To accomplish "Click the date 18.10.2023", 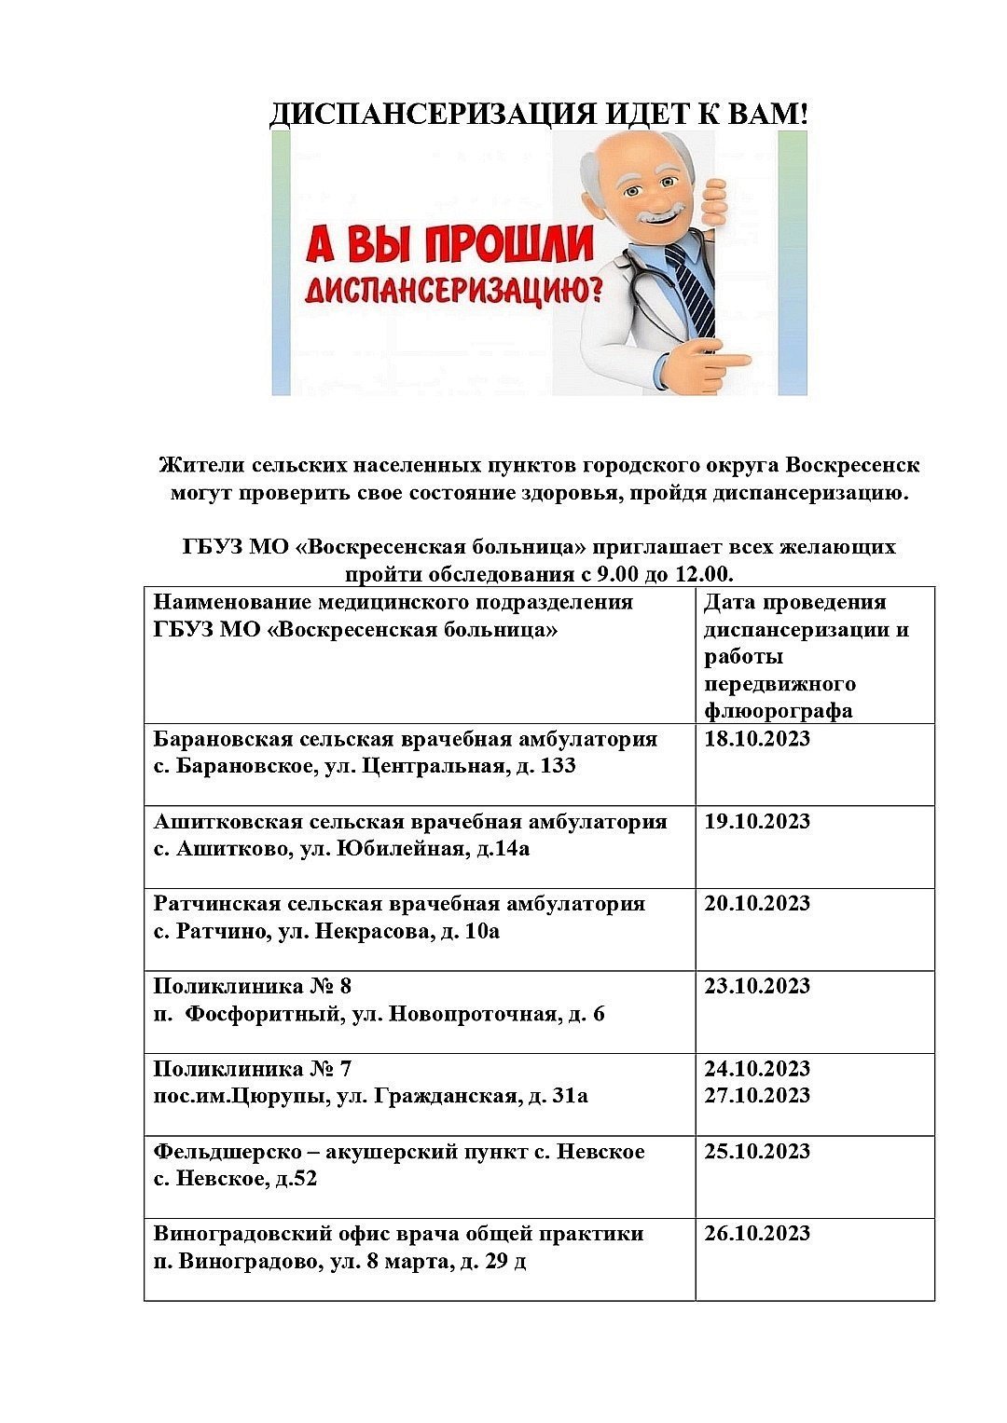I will click(x=757, y=739).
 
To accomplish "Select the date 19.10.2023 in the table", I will click(x=757, y=821).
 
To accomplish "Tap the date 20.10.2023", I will click(x=757, y=903).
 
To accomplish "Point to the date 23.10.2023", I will click(x=757, y=986).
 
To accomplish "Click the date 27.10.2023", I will click(x=757, y=1095).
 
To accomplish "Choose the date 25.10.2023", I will click(x=757, y=1151).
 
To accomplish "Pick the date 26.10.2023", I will click(x=757, y=1233).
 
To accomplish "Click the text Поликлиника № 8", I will click(x=252, y=986).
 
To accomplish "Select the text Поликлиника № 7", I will click(x=252, y=1068).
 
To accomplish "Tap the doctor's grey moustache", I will click(x=657, y=213).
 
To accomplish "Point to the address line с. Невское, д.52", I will click(x=235, y=1179).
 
